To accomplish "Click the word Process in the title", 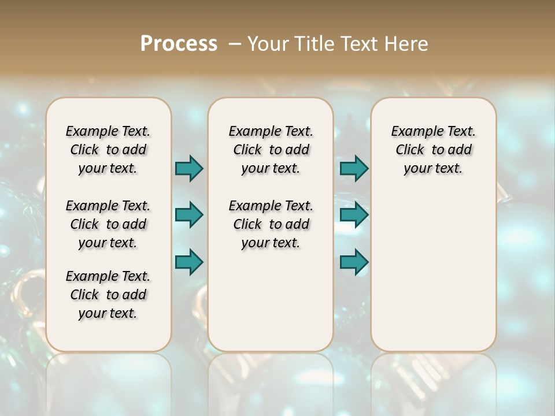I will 179,43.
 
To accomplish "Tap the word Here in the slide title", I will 407,43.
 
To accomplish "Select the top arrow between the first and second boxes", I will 189,168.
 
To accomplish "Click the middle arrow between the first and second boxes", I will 189,215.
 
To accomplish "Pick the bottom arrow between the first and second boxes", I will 189,262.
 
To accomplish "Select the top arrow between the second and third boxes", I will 354,168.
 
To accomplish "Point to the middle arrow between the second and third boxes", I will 354,215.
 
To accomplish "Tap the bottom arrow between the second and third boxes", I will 354,262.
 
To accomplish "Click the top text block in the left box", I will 108,150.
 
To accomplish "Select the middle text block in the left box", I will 108,224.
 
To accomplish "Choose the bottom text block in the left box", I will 108,295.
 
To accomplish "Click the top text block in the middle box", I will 271,150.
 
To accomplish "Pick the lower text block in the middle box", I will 271,224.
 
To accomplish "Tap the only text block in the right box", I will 433,150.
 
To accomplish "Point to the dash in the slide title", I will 235,43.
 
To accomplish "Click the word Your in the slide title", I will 268,43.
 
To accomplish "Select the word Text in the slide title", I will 361,43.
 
